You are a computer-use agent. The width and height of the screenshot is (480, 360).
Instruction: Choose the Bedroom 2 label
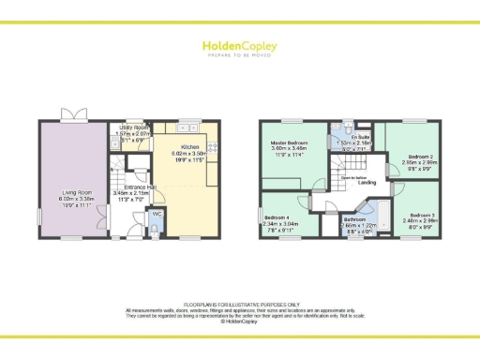(x=419, y=157)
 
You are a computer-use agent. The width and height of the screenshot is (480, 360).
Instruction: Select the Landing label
(x=354, y=183)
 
